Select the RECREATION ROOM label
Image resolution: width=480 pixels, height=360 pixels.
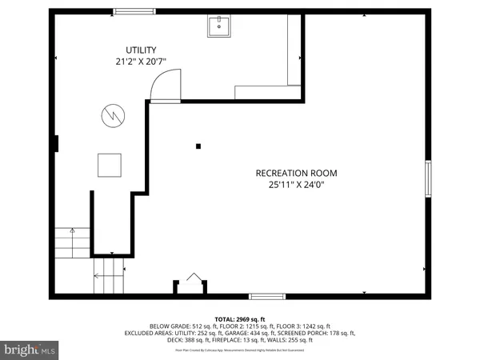coord(296,173)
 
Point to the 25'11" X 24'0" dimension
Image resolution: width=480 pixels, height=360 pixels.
coord(296,186)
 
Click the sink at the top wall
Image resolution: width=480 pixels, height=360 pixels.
coord(219,28)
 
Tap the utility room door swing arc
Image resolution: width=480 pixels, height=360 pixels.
coord(163,83)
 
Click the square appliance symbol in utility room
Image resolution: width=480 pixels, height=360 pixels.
coord(110,165)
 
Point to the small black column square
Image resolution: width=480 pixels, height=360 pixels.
coord(198,146)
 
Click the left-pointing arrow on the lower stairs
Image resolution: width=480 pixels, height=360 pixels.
coord(98,276)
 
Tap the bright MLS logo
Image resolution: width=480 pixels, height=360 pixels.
coord(30,350)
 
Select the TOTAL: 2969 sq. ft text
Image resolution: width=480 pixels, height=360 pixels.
coord(239,318)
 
